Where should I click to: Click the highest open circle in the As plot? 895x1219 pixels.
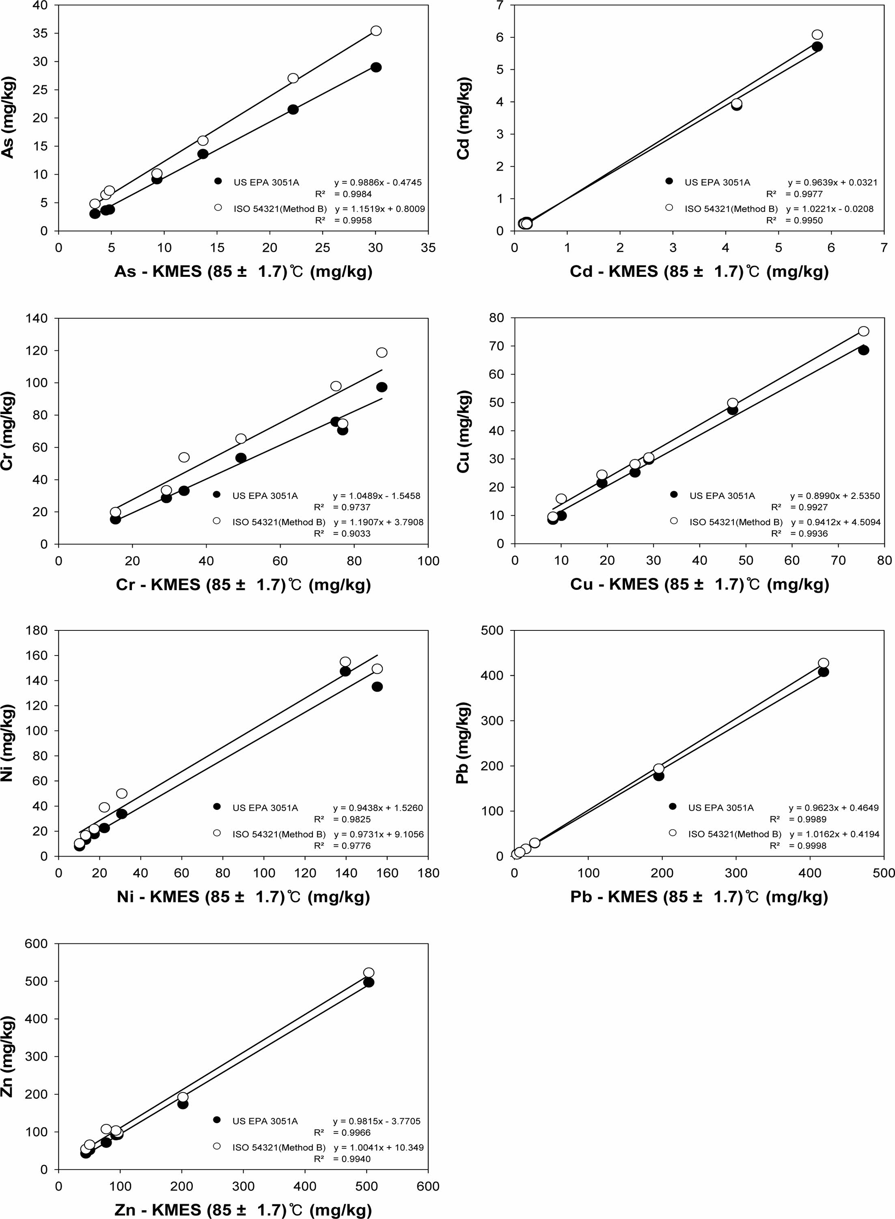pyautogui.click(x=376, y=31)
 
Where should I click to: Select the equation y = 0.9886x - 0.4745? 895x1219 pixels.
pyautogui.click(x=378, y=183)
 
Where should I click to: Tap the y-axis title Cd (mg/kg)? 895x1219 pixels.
pyautogui.click(x=464, y=119)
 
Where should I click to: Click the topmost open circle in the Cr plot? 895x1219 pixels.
pyautogui.click(x=382, y=353)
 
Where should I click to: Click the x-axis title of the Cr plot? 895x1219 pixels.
pyautogui.click(x=243, y=585)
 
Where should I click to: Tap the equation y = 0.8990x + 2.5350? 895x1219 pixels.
pyautogui.click(x=835, y=496)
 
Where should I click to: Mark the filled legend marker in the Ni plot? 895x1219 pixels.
pyautogui.click(x=217, y=806)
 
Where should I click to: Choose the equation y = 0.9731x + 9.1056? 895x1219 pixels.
pyautogui.click(x=379, y=834)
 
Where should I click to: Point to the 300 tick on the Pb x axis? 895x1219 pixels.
pyautogui.click(x=736, y=873)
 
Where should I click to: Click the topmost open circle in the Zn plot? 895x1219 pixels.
pyautogui.click(x=369, y=973)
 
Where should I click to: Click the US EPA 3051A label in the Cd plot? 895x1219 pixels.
pyautogui.click(x=717, y=183)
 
